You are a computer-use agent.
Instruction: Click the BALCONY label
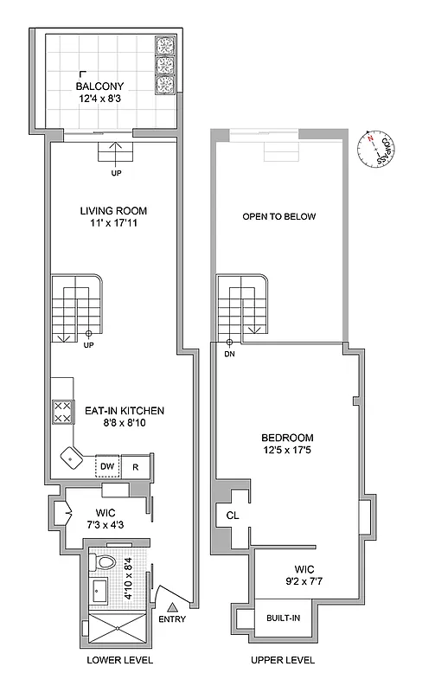click(99, 86)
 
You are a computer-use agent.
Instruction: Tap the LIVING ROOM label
click(113, 210)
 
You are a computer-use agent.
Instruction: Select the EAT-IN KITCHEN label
click(125, 411)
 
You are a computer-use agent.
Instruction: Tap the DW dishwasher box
click(106, 466)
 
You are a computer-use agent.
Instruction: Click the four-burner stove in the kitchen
click(63, 411)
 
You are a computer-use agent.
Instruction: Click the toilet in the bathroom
click(105, 563)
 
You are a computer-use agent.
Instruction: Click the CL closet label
click(232, 516)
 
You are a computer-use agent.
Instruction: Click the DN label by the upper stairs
click(229, 353)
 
